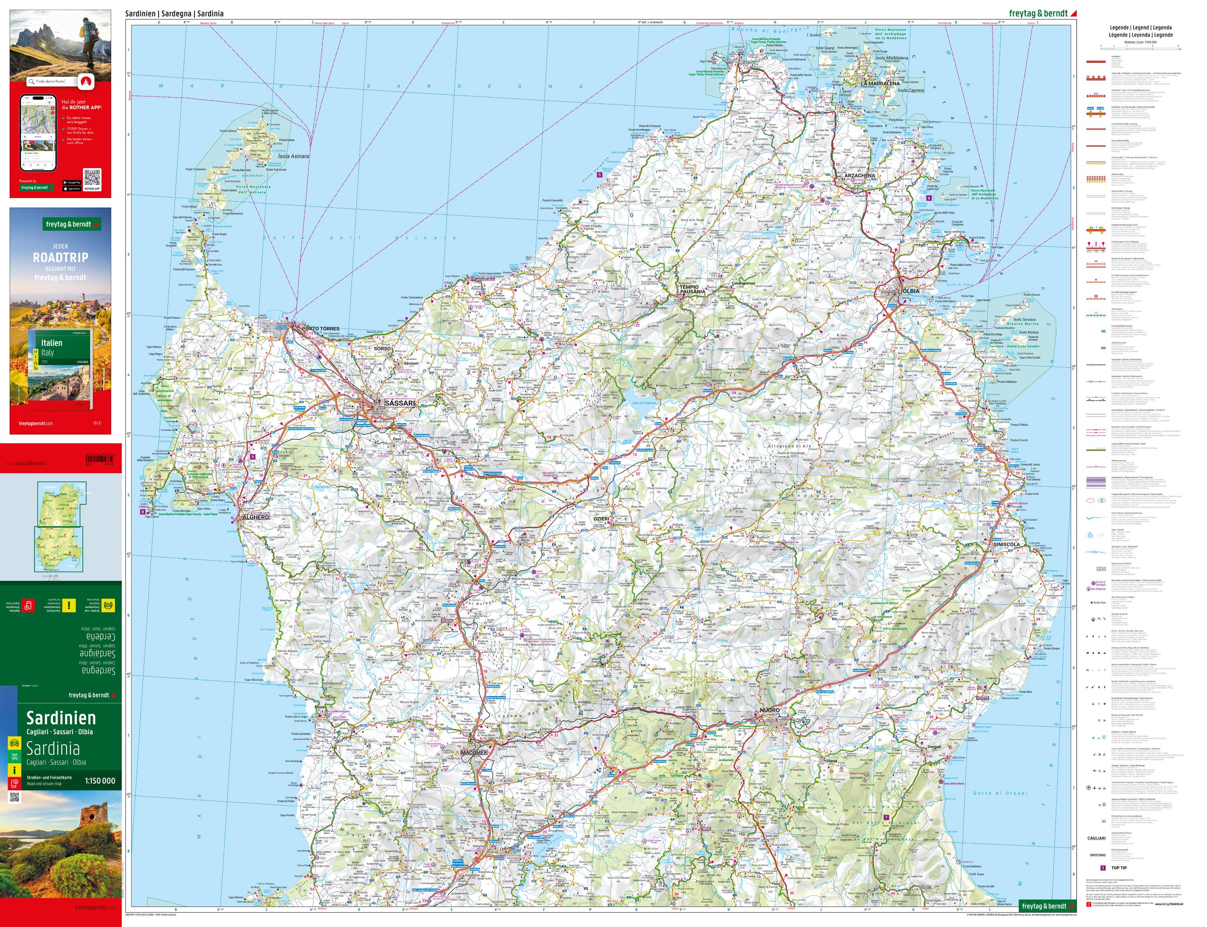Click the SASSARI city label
[400, 404]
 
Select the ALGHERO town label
[256, 517]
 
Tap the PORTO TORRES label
[320, 328]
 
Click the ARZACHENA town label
[859, 175]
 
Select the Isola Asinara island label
[293, 156]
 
